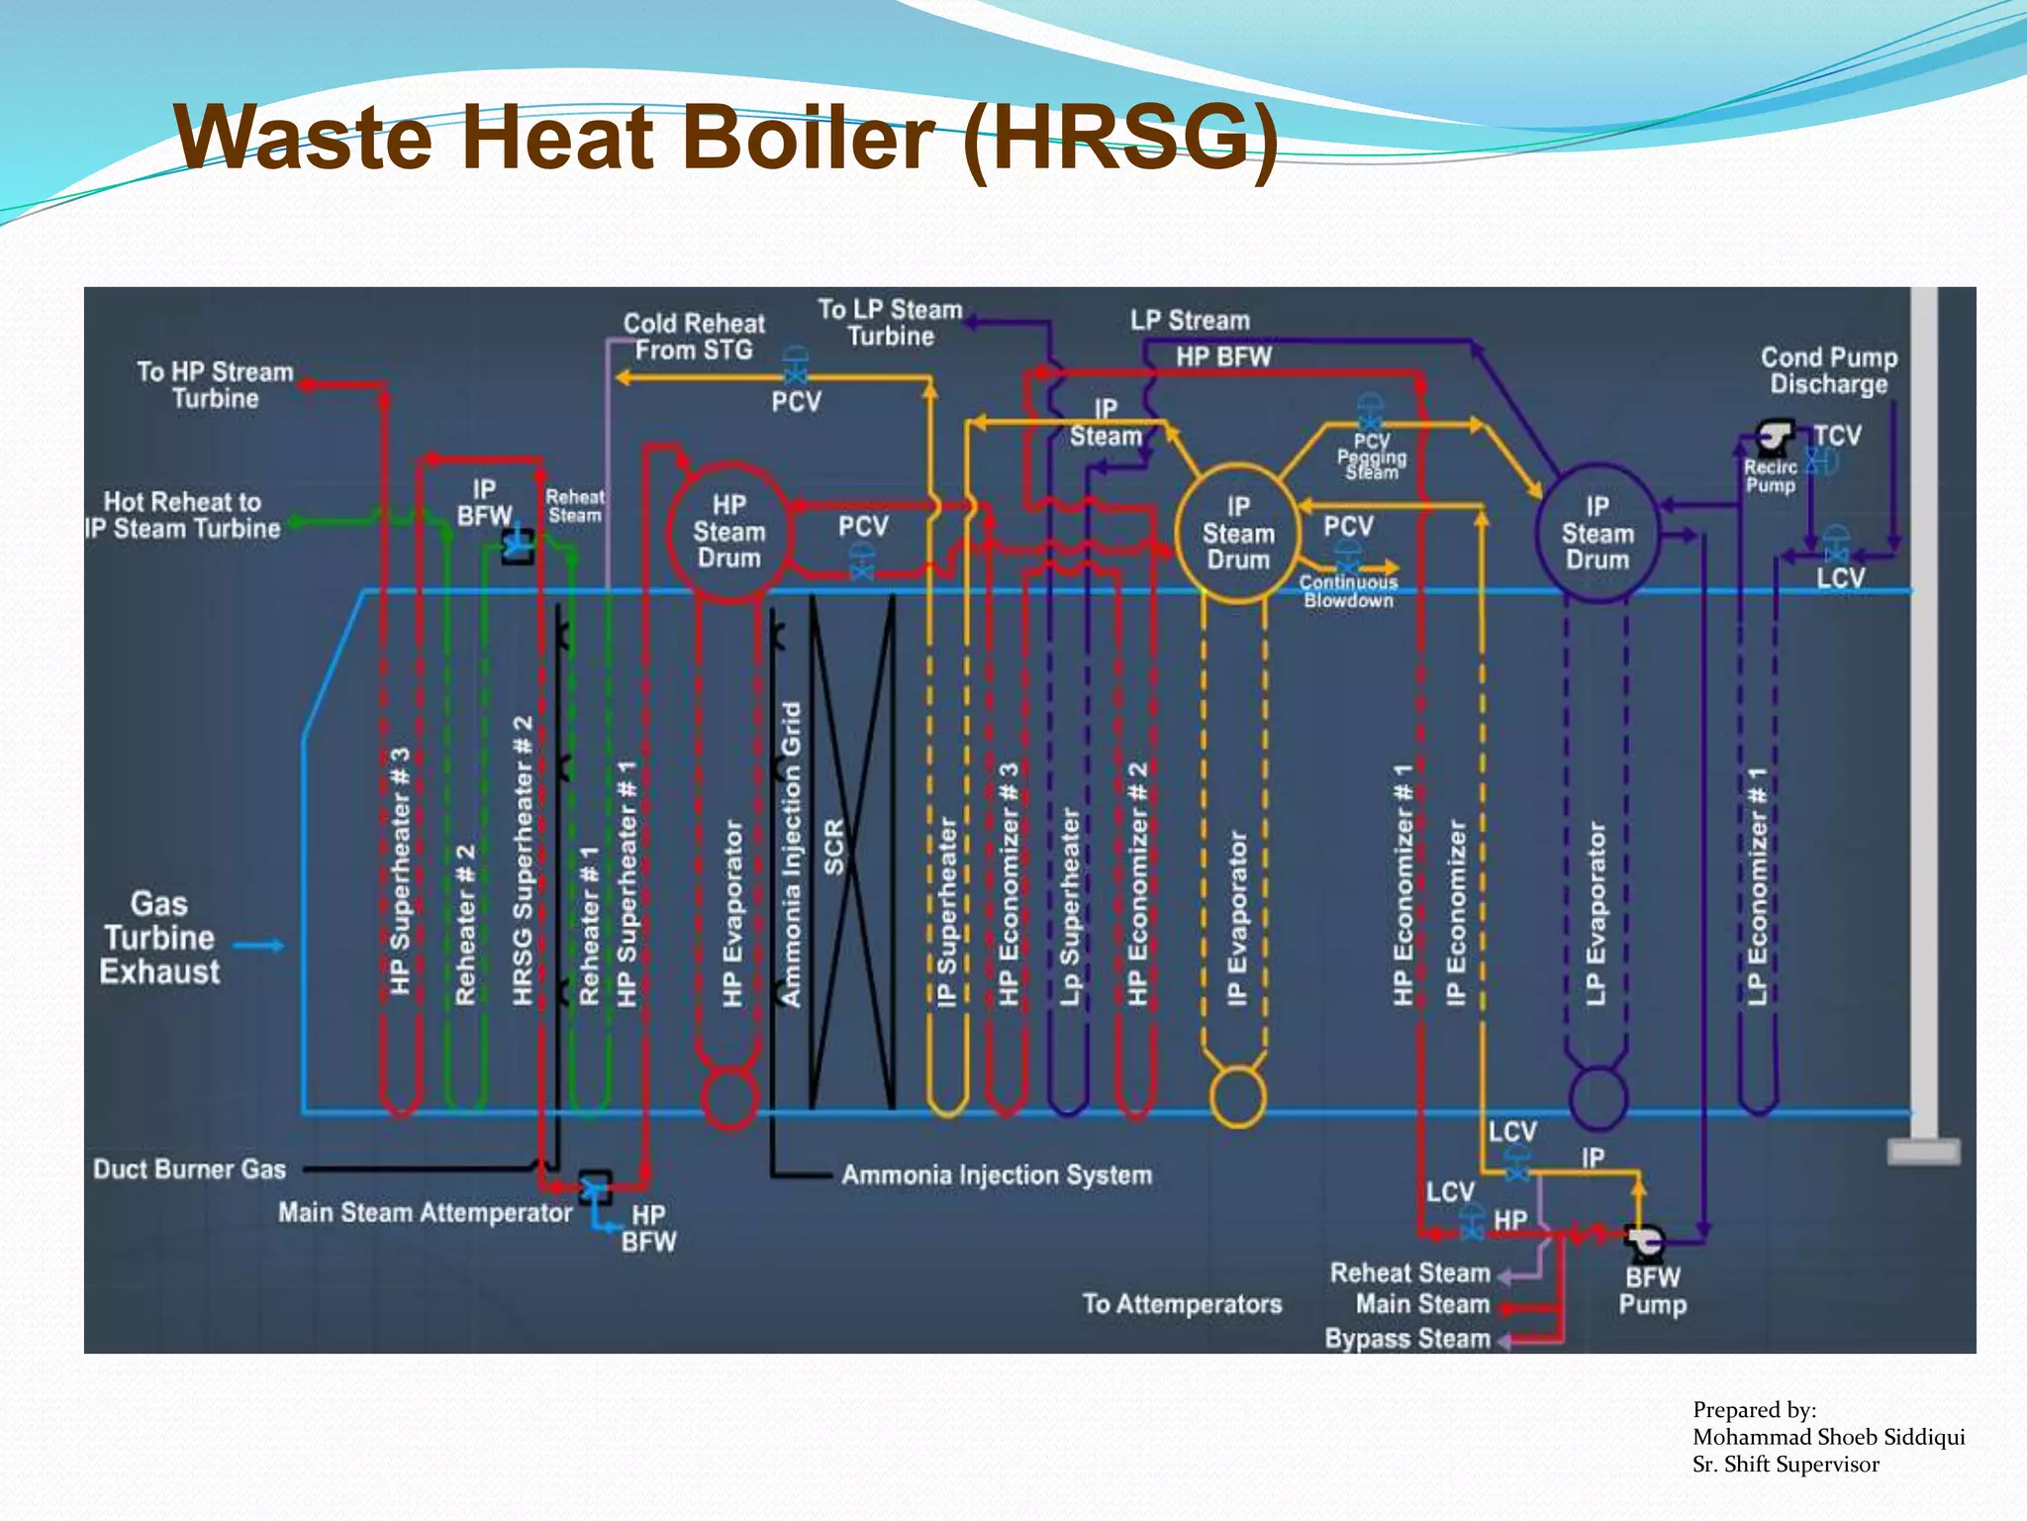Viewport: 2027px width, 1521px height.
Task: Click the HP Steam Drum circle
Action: coord(729,532)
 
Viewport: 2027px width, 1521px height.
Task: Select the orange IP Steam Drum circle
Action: coord(1237,534)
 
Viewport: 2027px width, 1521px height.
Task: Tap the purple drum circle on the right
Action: coord(1596,534)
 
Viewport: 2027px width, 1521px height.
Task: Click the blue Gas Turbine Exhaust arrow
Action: coord(259,946)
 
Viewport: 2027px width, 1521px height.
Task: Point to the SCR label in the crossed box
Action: coord(834,847)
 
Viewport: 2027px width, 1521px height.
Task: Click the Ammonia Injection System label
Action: coord(997,1175)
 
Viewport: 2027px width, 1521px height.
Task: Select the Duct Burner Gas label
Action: coord(189,1169)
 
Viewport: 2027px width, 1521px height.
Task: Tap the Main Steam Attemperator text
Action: coord(425,1213)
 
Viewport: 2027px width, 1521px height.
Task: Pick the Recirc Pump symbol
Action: coord(1775,435)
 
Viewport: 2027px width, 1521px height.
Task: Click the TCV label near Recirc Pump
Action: coord(1837,436)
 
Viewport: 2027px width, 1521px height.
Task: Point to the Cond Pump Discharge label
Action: coord(1829,370)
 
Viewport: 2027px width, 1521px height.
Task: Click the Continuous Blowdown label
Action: coord(1348,592)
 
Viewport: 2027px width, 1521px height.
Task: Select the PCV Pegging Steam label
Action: coord(1372,457)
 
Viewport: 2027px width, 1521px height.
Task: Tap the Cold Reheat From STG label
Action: coord(694,337)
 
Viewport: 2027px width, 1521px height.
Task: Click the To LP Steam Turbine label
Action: coord(890,323)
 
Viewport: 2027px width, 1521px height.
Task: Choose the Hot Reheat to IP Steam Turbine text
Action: coord(183,515)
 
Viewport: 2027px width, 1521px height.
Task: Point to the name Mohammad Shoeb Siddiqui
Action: coord(1828,1437)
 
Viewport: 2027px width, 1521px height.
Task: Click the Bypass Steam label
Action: coord(1407,1339)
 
